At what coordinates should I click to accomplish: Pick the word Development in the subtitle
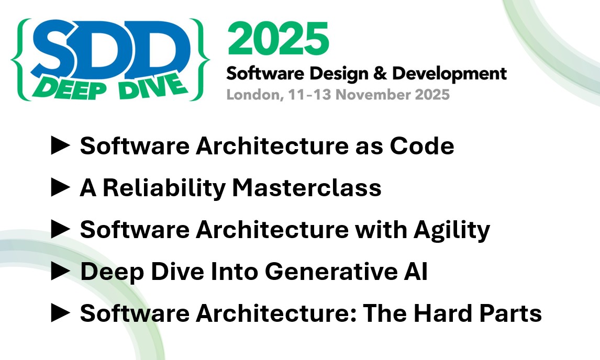click(449, 74)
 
